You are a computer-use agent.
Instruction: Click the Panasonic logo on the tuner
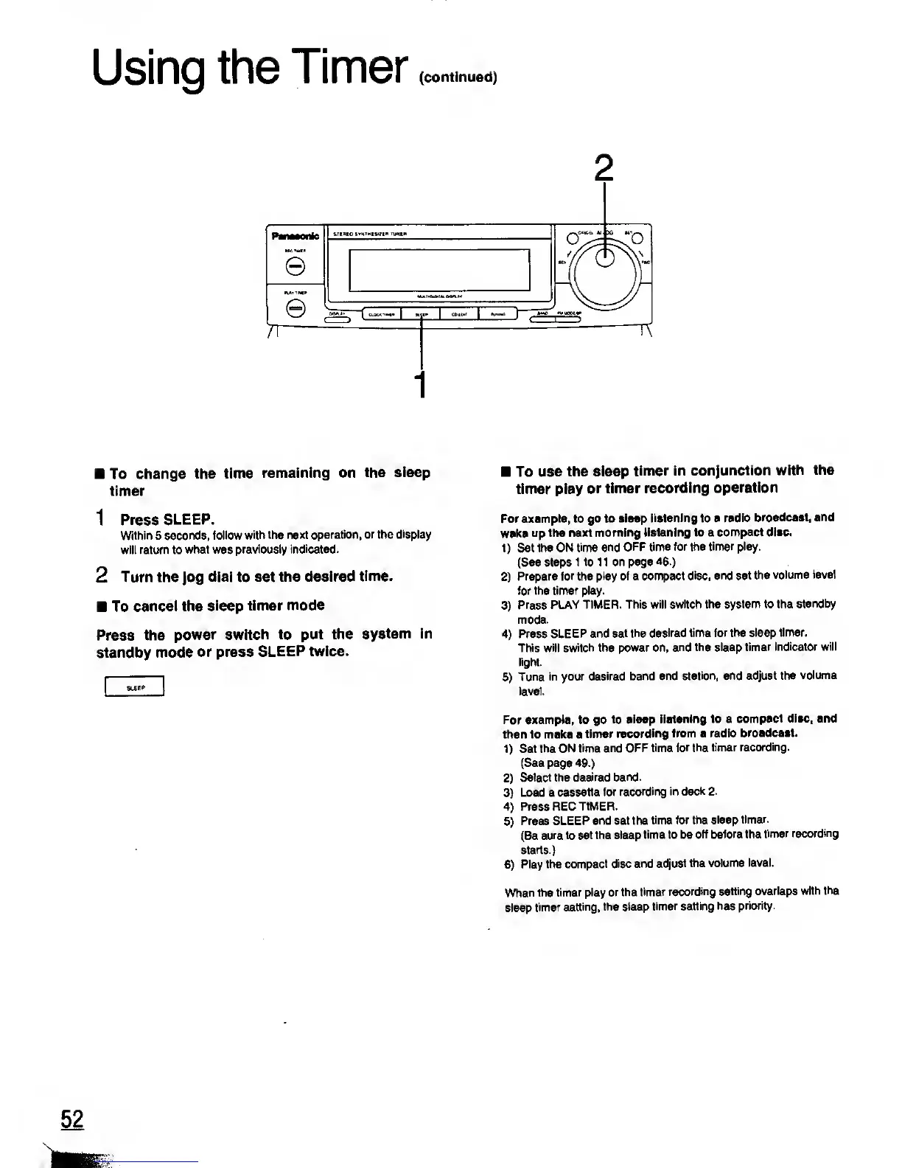tap(295, 236)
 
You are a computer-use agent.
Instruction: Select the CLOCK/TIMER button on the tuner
tap(381, 314)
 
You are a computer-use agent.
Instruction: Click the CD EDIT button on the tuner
tap(458, 314)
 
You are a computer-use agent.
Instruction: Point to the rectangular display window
tap(440, 268)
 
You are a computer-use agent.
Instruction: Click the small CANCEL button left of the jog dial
tap(571, 237)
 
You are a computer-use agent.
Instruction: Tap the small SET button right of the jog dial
tap(637, 237)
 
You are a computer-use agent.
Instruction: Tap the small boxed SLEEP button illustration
tap(134, 687)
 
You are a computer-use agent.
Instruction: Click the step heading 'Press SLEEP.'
tap(167, 519)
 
